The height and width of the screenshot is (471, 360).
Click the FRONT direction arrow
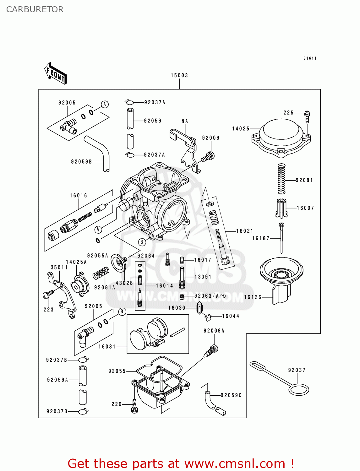click(56, 73)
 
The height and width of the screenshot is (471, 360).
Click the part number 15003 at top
click(179, 75)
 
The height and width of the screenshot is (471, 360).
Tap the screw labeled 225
click(307, 116)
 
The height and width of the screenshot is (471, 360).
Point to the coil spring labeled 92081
click(282, 179)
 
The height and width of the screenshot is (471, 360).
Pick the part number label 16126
click(253, 297)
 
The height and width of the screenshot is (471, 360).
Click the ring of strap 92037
click(299, 390)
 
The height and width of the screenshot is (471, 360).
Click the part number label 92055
click(117, 371)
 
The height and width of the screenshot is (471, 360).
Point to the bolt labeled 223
click(48, 294)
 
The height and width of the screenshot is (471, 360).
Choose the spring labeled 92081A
click(101, 273)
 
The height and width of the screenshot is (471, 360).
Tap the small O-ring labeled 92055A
click(98, 241)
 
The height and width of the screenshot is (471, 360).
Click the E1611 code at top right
click(310, 58)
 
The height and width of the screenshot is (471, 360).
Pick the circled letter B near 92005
click(122, 311)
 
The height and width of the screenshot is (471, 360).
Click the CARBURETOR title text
click(35, 9)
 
